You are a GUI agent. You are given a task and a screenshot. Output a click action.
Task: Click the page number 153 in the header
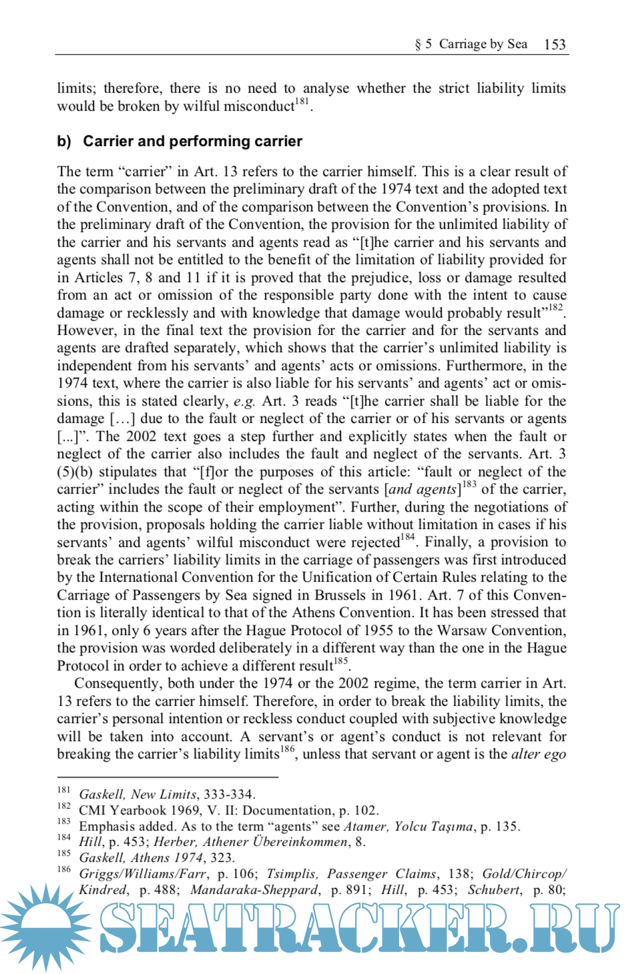pyautogui.click(x=555, y=45)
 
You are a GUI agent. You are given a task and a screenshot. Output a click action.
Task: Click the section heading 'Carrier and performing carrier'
pyautogui.click(x=192, y=141)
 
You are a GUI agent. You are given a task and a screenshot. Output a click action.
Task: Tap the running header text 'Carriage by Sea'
pyautogui.click(x=483, y=44)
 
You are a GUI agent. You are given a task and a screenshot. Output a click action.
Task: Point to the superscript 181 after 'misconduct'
pyautogui.click(x=302, y=102)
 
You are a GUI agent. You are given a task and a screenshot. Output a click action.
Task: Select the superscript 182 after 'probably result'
pyautogui.click(x=555, y=308)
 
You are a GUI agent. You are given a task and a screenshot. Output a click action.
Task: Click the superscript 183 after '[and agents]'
pyautogui.click(x=469, y=485)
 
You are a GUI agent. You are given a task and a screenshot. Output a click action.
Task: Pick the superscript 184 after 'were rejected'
pyautogui.click(x=408, y=538)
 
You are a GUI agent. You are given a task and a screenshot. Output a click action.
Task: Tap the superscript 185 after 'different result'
pyautogui.click(x=341, y=661)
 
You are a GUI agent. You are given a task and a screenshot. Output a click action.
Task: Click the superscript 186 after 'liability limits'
pyautogui.click(x=287, y=749)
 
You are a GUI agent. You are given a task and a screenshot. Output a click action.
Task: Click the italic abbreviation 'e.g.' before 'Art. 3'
pyautogui.click(x=244, y=402)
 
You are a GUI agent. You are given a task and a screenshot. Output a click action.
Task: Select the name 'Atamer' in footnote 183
pyautogui.click(x=365, y=827)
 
